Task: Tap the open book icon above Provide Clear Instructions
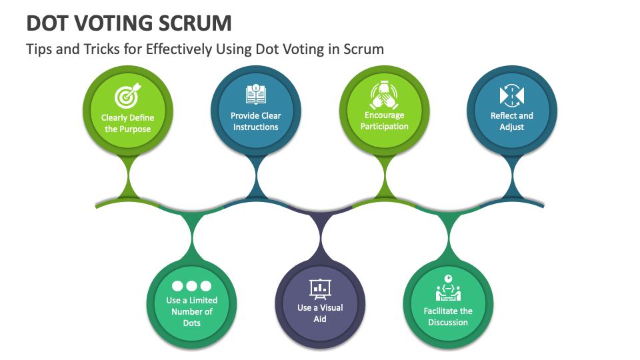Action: pos(256,95)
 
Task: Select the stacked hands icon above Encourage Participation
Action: pos(384,95)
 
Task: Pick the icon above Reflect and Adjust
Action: pos(512,95)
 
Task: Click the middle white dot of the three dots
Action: pos(192,286)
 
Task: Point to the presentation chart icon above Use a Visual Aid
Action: pos(320,287)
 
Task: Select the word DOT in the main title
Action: pos(48,23)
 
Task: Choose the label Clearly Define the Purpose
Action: pos(128,123)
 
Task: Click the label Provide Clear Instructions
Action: pos(256,121)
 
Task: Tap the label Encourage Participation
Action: pos(384,121)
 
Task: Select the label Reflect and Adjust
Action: pos(512,121)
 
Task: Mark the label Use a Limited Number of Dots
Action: pos(192,311)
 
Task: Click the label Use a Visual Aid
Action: pos(320,313)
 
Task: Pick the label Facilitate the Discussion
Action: pos(448,317)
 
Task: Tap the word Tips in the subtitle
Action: pos(38,49)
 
